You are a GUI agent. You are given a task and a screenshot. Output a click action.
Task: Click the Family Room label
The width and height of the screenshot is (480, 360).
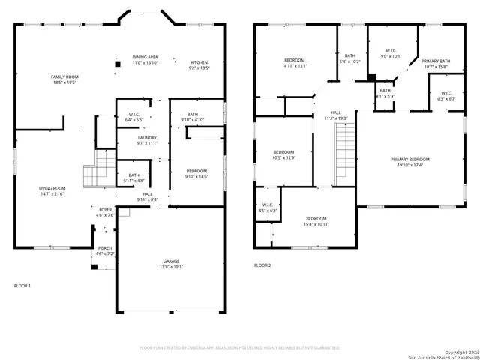64,76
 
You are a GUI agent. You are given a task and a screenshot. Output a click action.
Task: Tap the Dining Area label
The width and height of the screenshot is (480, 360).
145,57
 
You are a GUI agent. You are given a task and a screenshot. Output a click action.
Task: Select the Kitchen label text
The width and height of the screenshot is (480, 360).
199,62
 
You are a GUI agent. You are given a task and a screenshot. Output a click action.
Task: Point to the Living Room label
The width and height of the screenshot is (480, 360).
52,188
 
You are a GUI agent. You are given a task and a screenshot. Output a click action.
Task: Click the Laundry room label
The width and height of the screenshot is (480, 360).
147,137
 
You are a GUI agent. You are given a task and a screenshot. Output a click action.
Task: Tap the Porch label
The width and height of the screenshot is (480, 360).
105,248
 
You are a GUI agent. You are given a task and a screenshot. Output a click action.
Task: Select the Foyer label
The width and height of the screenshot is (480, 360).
104,209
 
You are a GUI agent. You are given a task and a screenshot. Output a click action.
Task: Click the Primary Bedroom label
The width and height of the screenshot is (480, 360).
410,159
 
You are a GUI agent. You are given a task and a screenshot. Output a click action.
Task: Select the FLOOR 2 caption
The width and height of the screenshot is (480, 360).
262,265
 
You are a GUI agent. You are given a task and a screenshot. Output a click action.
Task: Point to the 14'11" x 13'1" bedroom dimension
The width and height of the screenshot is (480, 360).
294,65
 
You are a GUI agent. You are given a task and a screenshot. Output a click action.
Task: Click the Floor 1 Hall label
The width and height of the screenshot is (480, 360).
148,193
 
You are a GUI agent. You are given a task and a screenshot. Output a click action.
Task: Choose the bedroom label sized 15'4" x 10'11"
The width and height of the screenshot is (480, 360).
316,218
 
